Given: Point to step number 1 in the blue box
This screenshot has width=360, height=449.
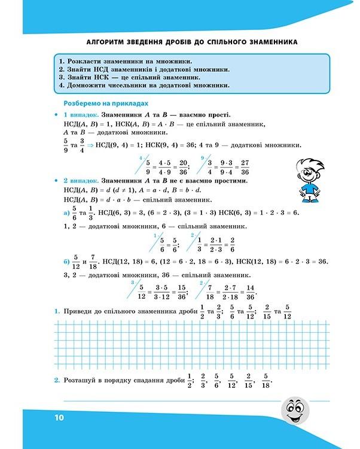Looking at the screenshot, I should tap(61, 61).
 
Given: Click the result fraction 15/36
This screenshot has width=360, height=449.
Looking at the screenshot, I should tap(183, 290).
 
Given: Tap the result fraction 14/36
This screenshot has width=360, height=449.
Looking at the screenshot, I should tap(251, 290).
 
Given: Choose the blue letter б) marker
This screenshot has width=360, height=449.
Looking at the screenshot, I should tap(66, 262).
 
